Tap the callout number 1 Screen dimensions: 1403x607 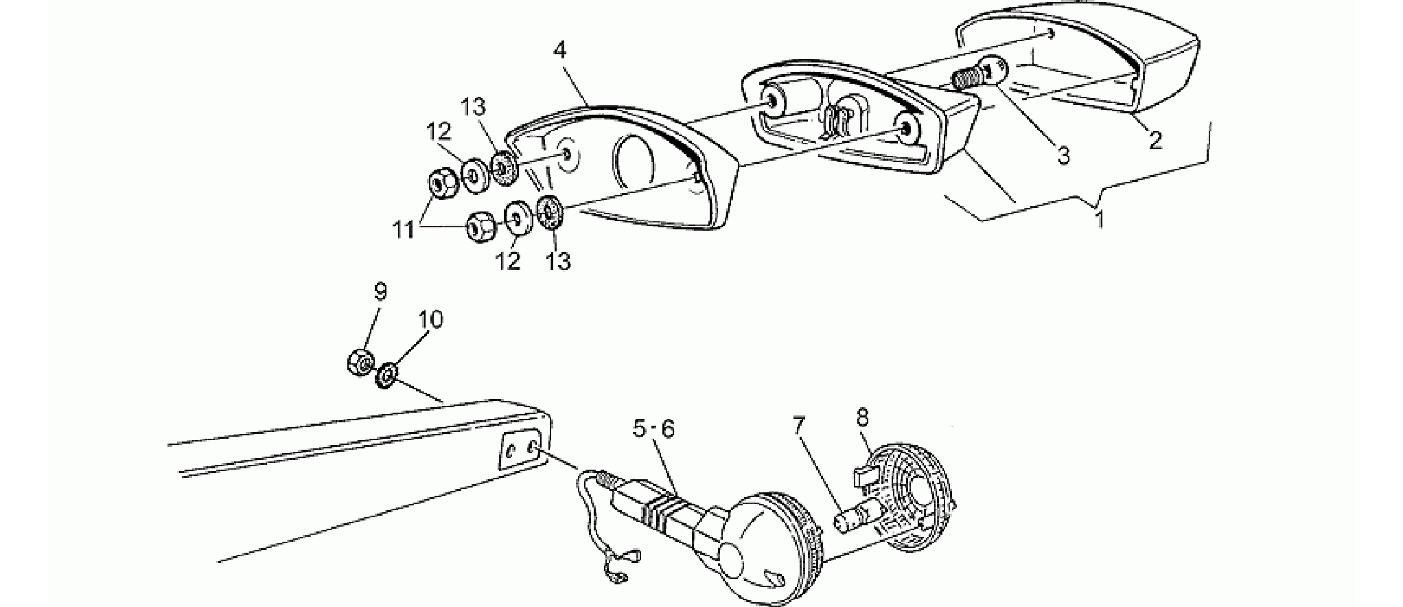tap(1099, 220)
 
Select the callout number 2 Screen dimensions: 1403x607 tap(1156, 141)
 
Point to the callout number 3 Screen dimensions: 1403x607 tap(1063, 156)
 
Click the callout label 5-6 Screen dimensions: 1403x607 tap(654, 429)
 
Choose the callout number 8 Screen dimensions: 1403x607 tap(863, 417)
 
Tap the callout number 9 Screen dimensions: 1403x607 tap(380, 292)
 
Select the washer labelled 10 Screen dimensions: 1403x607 tap(387, 375)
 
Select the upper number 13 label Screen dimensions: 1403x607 tap(473, 108)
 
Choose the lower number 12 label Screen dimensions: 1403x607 tap(509, 261)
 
